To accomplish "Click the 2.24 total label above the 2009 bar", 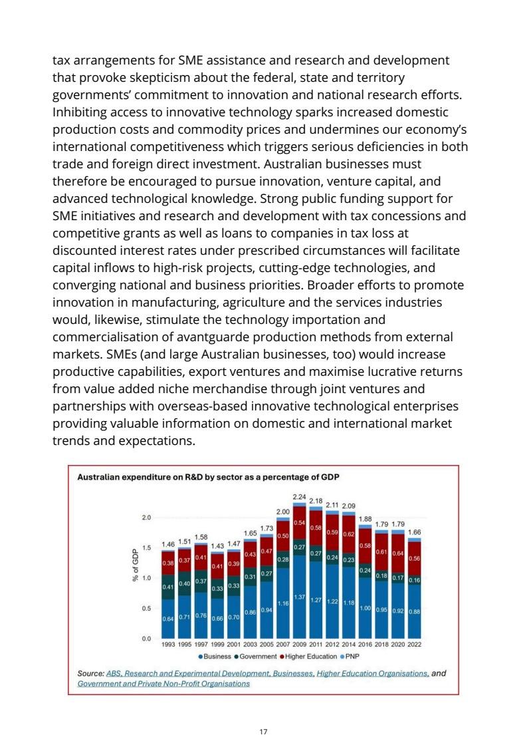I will point(299,496).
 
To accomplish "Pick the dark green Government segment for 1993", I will point(168,587).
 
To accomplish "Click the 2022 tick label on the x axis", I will point(414,645).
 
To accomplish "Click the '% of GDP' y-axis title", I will point(135,565).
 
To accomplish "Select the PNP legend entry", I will point(350,656).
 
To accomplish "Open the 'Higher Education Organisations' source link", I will point(373,673).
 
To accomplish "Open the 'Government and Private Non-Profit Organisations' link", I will point(163,683).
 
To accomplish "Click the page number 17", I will point(263,732).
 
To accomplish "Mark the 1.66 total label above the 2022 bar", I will point(414,532).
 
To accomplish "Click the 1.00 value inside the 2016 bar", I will point(365,608).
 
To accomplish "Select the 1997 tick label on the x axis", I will point(201,645).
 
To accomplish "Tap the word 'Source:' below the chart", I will point(91,673).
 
